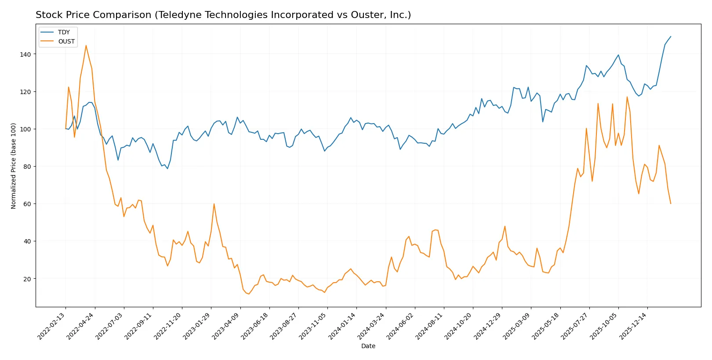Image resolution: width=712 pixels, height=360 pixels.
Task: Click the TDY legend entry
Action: (63, 32)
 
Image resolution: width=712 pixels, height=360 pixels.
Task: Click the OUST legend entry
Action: (66, 41)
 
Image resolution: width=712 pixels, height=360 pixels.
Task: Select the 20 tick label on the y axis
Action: (27, 279)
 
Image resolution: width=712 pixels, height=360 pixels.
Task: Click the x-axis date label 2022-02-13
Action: (52, 326)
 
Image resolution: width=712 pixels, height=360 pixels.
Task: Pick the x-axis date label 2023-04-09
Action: (226, 326)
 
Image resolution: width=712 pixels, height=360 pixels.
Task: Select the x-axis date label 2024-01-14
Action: (343, 326)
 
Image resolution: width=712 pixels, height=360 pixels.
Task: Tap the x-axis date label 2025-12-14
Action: (634, 326)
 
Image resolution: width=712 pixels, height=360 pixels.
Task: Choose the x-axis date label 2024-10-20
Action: (459, 326)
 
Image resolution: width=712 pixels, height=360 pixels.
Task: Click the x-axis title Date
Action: (368, 346)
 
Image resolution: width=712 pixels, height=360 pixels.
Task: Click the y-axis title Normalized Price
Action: (14, 166)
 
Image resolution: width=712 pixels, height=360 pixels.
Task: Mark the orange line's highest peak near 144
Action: (86, 45)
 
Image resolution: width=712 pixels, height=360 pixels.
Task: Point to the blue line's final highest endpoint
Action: (671, 36)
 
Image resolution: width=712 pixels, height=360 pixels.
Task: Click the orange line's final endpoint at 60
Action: (671, 204)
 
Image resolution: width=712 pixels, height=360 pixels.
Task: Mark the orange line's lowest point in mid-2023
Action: (249, 294)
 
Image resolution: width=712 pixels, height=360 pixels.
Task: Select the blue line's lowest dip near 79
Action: (167, 169)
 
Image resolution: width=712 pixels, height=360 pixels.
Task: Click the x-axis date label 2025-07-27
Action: (575, 326)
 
